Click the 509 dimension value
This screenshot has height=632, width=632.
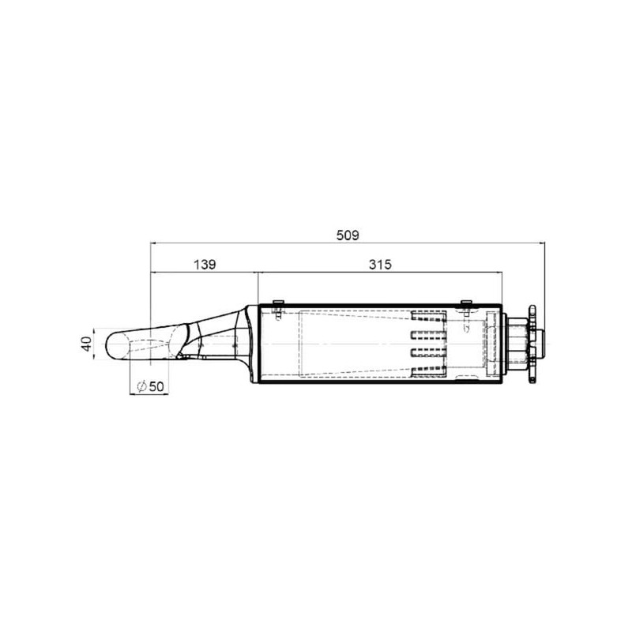[x=348, y=235]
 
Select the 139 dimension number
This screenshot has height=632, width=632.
[x=205, y=265]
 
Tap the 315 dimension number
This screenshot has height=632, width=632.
[x=380, y=265]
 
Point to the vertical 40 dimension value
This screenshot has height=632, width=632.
[x=87, y=344]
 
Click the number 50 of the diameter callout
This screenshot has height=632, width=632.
[x=156, y=386]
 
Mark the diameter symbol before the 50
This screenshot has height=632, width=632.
[x=141, y=386]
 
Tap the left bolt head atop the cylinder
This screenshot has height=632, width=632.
[x=278, y=302]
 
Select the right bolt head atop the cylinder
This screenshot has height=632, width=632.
[x=466, y=302]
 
